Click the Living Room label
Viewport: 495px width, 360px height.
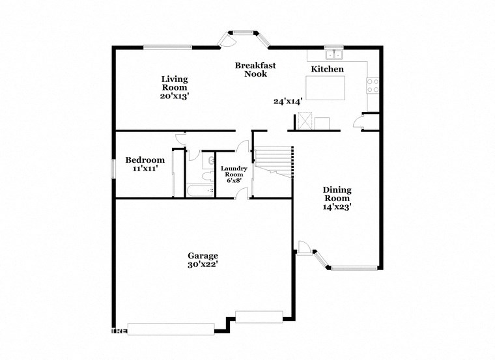(175, 83)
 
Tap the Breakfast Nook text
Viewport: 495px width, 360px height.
(256, 69)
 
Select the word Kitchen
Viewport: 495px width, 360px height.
(327, 69)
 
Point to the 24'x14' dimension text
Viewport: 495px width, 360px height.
(289, 101)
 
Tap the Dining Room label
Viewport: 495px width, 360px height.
(337, 194)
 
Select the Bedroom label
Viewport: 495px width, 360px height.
(145, 159)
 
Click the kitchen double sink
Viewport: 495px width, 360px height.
(334, 54)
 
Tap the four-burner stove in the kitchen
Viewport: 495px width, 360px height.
(373, 85)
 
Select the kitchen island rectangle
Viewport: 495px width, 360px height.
(325, 88)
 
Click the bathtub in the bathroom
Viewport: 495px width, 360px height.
(199, 191)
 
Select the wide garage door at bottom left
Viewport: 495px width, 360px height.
(171, 329)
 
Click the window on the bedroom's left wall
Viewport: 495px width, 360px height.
(113, 167)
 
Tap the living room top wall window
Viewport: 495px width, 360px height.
(168, 46)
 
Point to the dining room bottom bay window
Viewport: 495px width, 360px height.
(354, 268)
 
